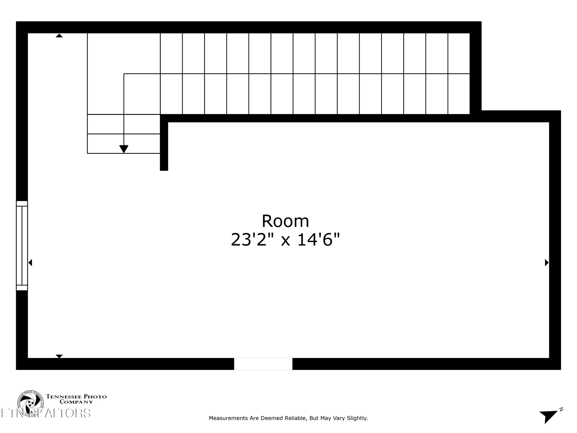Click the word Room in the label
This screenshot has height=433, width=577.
click(285, 221)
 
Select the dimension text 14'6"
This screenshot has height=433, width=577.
click(319, 240)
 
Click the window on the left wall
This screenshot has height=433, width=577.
click(22, 245)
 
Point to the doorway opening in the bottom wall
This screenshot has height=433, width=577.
click(263, 364)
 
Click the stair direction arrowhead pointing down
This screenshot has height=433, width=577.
click(124, 149)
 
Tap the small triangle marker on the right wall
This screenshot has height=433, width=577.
click(546, 263)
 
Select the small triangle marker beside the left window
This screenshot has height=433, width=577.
click(30, 263)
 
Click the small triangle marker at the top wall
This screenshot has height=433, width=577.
click(59, 36)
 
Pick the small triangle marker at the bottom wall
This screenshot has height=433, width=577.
click(59, 356)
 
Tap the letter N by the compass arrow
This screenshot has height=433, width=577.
click(561, 409)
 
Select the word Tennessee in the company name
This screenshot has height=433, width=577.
click(64, 397)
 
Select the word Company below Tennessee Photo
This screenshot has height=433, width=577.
click(76, 402)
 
